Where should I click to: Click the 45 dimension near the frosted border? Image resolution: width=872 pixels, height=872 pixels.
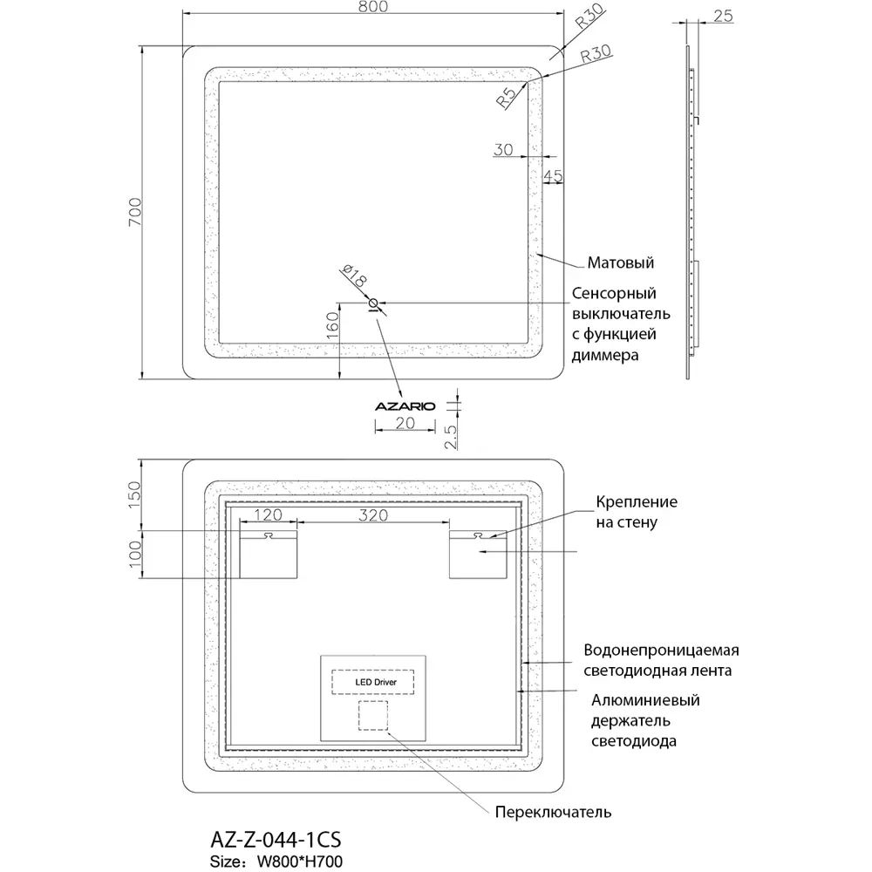pos(553,175)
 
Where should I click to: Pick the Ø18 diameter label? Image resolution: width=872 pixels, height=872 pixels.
pos(355,278)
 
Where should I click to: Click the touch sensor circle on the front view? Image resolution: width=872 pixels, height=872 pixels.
pos(374,303)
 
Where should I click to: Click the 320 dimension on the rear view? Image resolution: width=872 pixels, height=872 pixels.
pos(371,514)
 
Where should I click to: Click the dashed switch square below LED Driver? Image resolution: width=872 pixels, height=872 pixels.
pos(373,716)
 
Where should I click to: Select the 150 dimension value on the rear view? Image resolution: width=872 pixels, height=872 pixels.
pos(134,495)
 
